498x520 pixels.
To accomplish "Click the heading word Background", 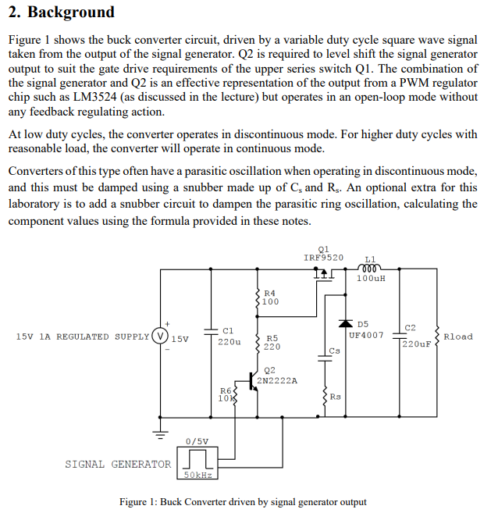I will (70, 12).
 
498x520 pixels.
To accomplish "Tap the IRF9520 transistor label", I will (323, 257).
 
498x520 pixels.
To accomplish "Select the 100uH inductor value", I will (371, 277).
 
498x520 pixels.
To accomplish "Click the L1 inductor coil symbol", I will (370, 266).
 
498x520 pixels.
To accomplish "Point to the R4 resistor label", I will (269, 293).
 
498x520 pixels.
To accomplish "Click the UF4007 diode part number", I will (366, 335).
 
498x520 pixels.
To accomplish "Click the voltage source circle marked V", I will (160, 337).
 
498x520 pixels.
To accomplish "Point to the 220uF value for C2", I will (417, 344).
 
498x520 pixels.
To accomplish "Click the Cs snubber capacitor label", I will (334, 351).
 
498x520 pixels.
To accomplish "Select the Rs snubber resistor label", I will (335, 397).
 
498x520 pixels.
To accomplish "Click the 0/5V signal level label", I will (197, 441).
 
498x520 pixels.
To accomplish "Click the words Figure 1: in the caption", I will (138, 502).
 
